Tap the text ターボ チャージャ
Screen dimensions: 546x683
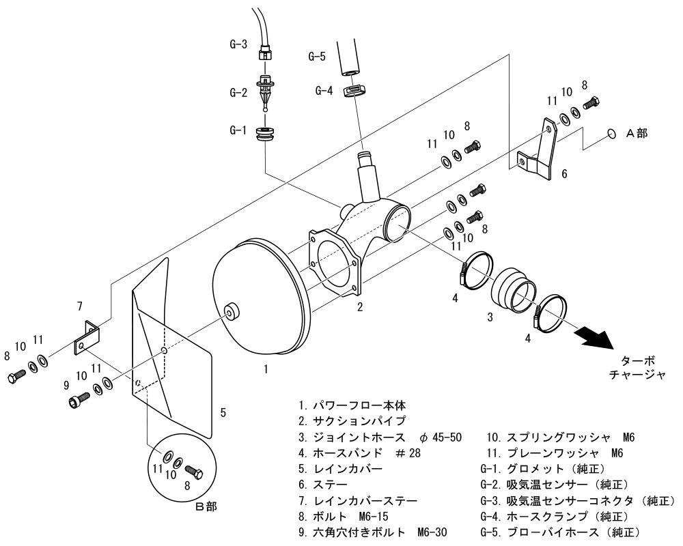(x=636, y=368)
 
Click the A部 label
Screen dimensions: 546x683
(x=637, y=134)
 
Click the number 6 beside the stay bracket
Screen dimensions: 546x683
(x=564, y=174)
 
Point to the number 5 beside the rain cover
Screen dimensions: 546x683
(x=223, y=412)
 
